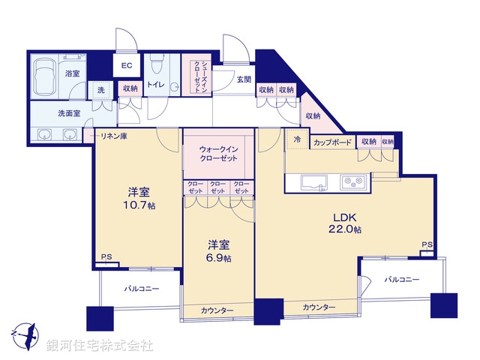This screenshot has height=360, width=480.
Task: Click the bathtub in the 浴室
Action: click(x=49, y=74)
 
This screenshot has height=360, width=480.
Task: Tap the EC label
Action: click(x=126, y=65)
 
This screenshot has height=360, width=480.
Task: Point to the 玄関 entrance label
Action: click(x=244, y=79)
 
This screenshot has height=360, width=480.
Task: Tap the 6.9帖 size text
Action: click(x=218, y=257)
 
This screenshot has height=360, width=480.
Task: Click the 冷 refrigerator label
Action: click(x=298, y=139)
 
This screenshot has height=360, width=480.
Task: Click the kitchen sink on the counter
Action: click(x=313, y=182)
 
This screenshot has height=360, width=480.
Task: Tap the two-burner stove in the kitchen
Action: click(x=351, y=182)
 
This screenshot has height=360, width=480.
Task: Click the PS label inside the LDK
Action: click(x=426, y=244)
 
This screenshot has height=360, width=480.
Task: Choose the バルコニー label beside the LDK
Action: click(x=401, y=280)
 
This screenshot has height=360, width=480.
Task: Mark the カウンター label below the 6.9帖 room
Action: click(x=217, y=310)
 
